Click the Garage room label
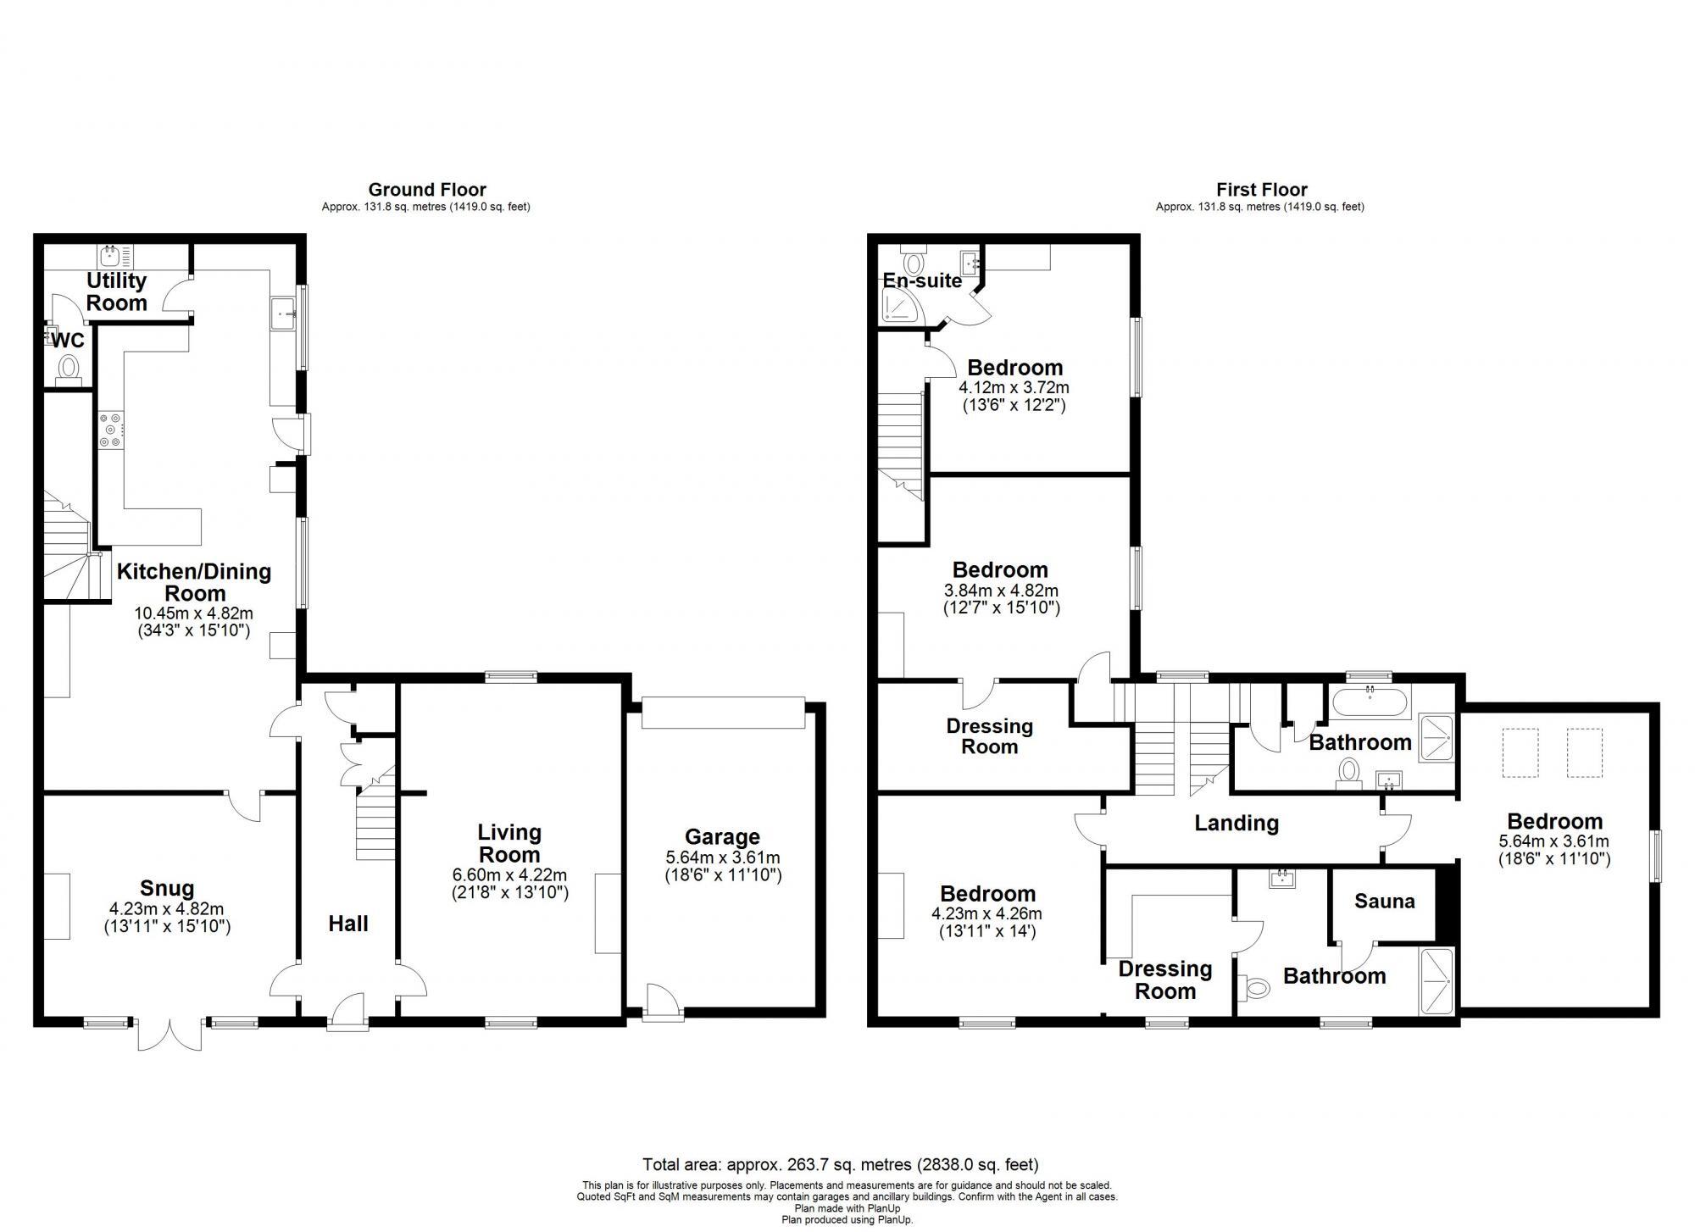coord(722,837)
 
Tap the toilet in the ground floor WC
coord(69,369)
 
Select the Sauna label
coord(1384,901)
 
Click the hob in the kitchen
coord(111,430)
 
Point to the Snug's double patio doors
coord(170,1033)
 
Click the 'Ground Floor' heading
coord(427,190)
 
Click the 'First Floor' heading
coord(1261,190)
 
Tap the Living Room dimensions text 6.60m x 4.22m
coord(509,874)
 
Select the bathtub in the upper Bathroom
coord(1370,702)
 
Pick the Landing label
coord(1236,823)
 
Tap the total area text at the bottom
coord(840,1165)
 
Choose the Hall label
coord(348,924)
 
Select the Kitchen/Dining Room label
coord(194,581)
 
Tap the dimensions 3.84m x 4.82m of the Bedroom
coord(1001,591)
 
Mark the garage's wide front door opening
coord(722,713)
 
